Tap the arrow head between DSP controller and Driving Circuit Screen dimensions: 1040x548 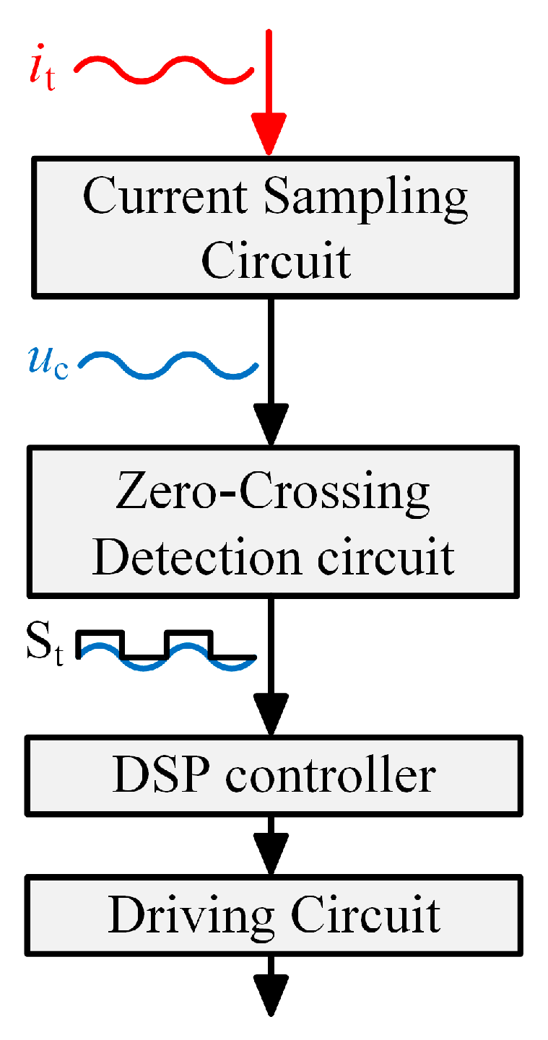pyautogui.click(x=272, y=855)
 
